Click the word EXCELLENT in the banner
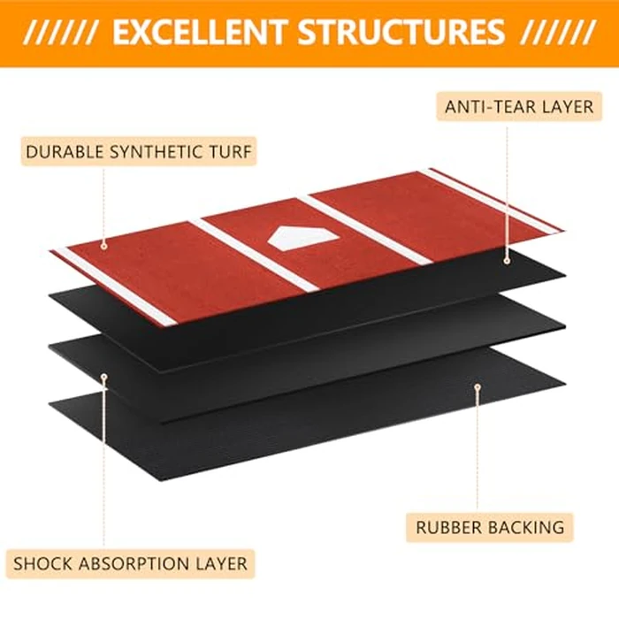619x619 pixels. click(x=199, y=33)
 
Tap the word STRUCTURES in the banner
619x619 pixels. click(x=401, y=33)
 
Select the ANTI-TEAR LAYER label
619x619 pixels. click(x=519, y=107)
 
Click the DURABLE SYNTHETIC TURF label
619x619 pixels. click(x=139, y=151)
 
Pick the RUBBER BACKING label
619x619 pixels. click(x=490, y=527)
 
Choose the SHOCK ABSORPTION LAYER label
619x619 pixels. click(x=130, y=564)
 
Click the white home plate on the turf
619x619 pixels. click(x=303, y=238)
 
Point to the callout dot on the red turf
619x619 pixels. click(x=103, y=246)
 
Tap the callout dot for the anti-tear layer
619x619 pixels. click(x=507, y=261)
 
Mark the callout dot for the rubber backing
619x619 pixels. click(x=478, y=386)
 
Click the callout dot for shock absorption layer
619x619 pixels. click(x=103, y=377)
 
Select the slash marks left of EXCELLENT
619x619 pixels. click(x=59, y=33)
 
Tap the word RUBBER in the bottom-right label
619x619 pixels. click(x=446, y=528)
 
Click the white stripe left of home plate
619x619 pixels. click(x=255, y=255)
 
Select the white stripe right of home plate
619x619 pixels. click(x=364, y=229)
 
